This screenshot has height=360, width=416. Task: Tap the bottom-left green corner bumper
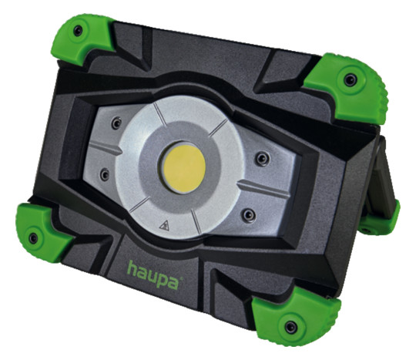pyautogui.click(x=43, y=232)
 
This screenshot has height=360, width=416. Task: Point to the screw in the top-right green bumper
pyautogui.click(x=351, y=79)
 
